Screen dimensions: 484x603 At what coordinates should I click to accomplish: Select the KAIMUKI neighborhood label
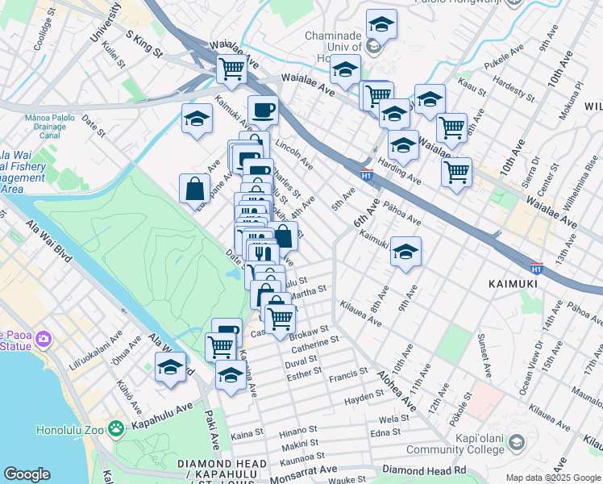click(517, 284)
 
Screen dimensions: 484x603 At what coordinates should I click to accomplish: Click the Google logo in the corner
click(27, 474)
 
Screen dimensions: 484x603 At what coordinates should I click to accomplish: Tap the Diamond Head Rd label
click(425, 469)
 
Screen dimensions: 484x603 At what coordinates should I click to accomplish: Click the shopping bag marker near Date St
click(195, 189)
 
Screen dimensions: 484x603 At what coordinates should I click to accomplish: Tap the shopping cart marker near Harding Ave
click(456, 173)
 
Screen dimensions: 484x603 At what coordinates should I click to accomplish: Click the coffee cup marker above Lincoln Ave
click(263, 110)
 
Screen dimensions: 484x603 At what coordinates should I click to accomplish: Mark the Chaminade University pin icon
click(373, 47)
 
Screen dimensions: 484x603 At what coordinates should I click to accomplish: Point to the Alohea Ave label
click(395, 393)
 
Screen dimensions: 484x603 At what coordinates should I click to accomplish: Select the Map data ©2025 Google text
click(552, 478)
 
